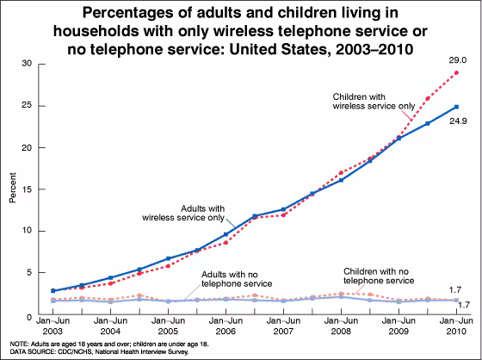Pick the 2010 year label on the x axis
click(456, 331)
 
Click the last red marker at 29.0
click(455, 72)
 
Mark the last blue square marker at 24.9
click(455, 108)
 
